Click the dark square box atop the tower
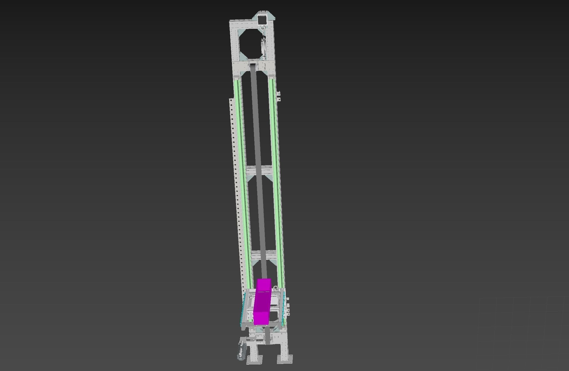point(262,19)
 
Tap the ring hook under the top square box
point(263,28)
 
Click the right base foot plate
point(285,359)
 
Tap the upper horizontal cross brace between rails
point(259,170)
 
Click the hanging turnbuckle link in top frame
point(264,47)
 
